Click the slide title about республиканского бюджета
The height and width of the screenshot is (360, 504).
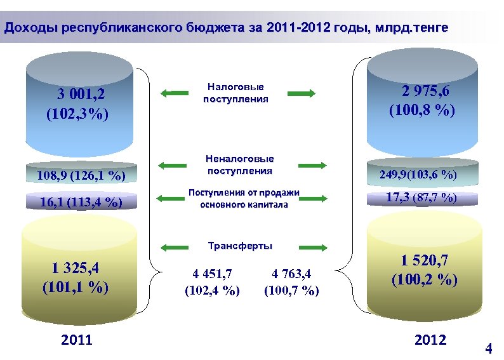click(x=226, y=28)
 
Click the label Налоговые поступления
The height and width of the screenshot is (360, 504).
click(x=235, y=93)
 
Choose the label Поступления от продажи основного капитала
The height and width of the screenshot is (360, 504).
click(x=244, y=198)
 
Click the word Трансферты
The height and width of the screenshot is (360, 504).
click(x=240, y=246)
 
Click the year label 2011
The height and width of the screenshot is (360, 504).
click(x=76, y=341)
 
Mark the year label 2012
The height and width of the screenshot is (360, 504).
click(x=430, y=340)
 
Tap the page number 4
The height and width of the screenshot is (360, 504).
click(x=489, y=349)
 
